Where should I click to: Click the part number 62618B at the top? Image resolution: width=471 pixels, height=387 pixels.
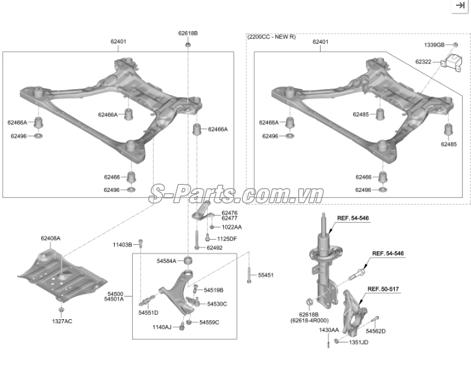pyautogui.click(x=188, y=34)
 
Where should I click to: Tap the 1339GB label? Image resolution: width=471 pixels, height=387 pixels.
pyautogui.click(x=434, y=45)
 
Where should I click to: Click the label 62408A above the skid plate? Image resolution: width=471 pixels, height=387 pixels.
pyautogui.click(x=50, y=238)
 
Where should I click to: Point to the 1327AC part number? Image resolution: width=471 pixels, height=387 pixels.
pyautogui.click(x=62, y=321)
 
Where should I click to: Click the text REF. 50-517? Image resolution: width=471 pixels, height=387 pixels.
pyautogui.click(x=383, y=289)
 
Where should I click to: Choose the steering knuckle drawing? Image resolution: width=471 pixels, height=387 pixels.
pyautogui.click(x=354, y=313)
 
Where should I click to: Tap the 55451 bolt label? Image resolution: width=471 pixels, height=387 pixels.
pyautogui.click(x=266, y=275)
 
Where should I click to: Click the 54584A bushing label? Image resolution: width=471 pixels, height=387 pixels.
pyautogui.click(x=166, y=261)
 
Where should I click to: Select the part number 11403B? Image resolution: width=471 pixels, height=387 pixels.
pyautogui.click(x=122, y=245)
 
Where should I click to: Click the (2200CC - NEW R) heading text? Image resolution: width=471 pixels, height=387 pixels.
pyautogui.click(x=272, y=37)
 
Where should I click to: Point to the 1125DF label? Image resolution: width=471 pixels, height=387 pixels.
pyautogui.click(x=226, y=239)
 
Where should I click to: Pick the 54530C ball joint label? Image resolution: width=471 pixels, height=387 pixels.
pyautogui.click(x=217, y=304)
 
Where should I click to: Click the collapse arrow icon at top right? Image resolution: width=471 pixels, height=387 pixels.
pyautogui.click(x=460, y=5)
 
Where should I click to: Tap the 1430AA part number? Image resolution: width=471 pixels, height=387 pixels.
pyautogui.click(x=329, y=330)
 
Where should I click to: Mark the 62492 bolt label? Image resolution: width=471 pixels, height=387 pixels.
pyautogui.click(x=214, y=248)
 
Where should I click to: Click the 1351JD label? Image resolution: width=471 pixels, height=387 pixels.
pyautogui.click(x=358, y=342)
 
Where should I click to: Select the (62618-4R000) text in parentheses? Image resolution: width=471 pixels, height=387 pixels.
pyautogui.click(x=310, y=320)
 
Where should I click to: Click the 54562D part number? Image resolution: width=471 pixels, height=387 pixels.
pyautogui.click(x=376, y=331)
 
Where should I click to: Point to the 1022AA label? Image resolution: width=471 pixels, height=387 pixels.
pyautogui.click(x=232, y=227)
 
